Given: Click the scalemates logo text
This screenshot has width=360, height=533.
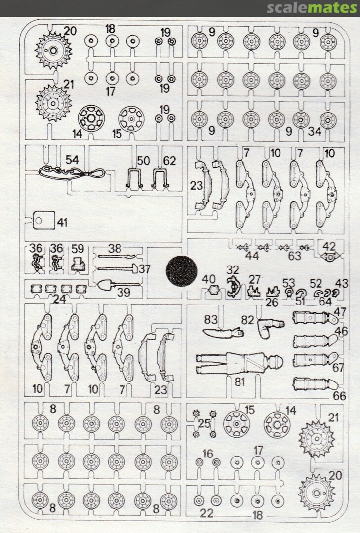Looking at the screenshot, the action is pyautogui.click(x=312, y=7).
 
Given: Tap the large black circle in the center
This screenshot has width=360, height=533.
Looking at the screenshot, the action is pyautogui.click(x=181, y=270).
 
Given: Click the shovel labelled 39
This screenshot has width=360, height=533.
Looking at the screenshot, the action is pyautogui.click(x=119, y=284).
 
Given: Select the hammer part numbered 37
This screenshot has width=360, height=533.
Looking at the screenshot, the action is pyautogui.click(x=118, y=269).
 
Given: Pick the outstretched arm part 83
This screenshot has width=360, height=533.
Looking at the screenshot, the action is pyautogui.click(x=223, y=332).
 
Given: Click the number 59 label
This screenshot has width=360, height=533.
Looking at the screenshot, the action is pyautogui.click(x=78, y=248).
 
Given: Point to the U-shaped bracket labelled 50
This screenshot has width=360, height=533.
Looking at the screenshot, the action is pyautogui.click(x=133, y=178).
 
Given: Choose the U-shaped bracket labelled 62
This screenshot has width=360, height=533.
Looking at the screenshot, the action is pyautogui.click(x=160, y=178).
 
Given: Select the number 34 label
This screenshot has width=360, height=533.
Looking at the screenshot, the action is pyautogui.click(x=315, y=131).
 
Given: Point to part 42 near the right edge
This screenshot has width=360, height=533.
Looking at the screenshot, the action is pyautogui.click(x=330, y=257).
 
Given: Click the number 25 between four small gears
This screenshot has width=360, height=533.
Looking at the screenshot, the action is pyautogui.click(x=204, y=423).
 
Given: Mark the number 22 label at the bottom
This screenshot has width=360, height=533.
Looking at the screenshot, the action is pyautogui.click(x=206, y=513).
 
